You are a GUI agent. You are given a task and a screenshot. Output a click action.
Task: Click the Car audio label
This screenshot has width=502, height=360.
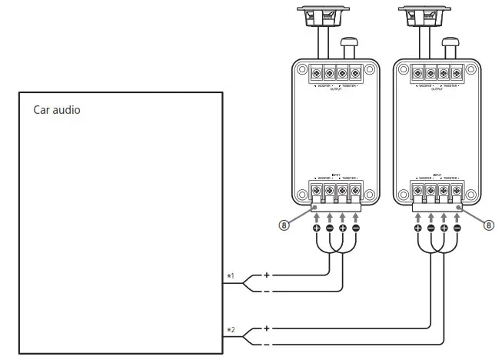click(x=56, y=110)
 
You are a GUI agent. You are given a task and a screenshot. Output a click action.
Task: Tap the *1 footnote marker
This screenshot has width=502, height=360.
click(x=230, y=275)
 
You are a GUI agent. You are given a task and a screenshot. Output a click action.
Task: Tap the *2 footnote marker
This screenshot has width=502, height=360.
click(x=230, y=329)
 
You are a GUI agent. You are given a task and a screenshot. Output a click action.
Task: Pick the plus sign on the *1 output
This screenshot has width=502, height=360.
click(x=267, y=275)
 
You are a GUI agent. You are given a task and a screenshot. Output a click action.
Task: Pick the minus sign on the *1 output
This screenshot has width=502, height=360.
click(x=267, y=292)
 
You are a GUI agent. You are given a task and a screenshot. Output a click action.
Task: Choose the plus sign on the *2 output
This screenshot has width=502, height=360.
click(x=267, y=328)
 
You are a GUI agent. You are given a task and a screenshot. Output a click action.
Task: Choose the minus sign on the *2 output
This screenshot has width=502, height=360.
click(x=267, y=345)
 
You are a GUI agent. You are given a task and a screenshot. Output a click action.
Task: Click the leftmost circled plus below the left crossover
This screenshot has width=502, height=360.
click(x=316, y=228)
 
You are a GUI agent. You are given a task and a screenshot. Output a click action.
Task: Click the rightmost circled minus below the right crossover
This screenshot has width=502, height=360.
click(x=457, y=228)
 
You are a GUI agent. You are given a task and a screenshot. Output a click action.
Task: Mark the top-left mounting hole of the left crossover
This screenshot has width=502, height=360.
click(x=301, y=68)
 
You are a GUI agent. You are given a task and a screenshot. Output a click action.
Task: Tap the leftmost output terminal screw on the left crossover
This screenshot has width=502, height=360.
click(x=316, y=75)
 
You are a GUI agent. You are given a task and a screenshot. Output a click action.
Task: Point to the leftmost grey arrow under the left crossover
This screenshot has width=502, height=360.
click(x=316, y=215)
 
